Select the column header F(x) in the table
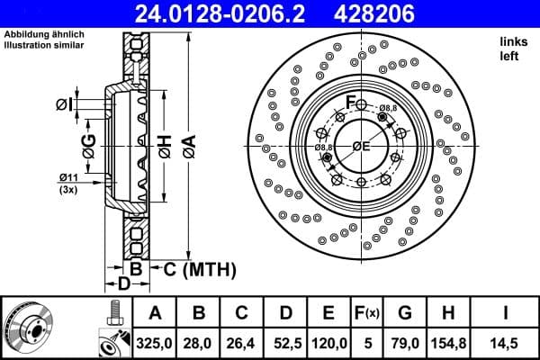pos(368,312)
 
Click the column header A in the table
pos(155,312)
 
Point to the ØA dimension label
pos(190,145)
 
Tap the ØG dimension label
pos(87,145)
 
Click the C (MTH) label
pos(200,268)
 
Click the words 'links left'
pos(512,49)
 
